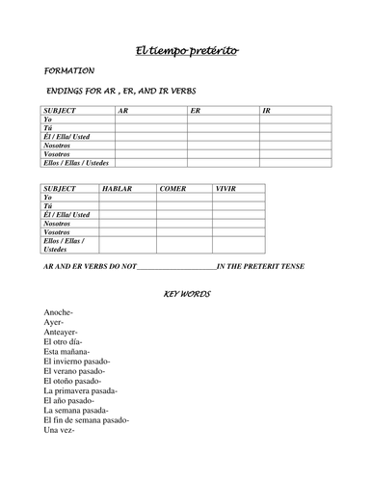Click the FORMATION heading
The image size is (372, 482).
[x=69, y=71]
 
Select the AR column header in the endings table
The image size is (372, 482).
[x=122, y=111]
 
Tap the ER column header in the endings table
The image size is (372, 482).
[x=196, y=111]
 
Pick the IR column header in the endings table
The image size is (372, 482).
[x=268, y=111]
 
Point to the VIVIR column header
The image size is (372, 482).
[x=227, y=190]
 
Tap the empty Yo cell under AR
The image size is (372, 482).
[x=150, y=120]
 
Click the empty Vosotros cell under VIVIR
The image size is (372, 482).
[x=239, y=232]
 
